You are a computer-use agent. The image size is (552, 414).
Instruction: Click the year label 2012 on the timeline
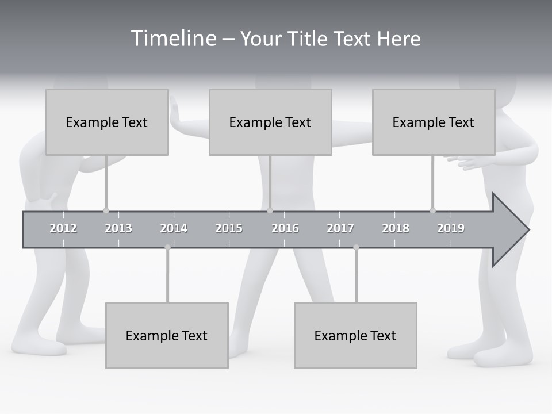point(63,228)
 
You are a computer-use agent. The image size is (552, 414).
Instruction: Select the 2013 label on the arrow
point(118,228)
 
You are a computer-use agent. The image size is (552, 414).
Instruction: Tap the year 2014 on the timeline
point(174,228)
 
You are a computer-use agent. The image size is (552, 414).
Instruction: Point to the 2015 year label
point(229,228)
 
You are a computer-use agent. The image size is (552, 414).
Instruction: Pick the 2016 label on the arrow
point(285,228)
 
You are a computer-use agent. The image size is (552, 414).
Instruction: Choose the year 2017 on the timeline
point(340,228)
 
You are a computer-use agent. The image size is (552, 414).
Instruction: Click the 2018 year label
point(396,228)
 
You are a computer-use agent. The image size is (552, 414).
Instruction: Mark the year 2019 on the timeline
point(451,228)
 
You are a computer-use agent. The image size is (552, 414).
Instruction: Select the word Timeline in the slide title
point(173,39)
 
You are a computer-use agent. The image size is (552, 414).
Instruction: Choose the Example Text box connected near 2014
point(167,335)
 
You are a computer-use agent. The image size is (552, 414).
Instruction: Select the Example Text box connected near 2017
point(355,335)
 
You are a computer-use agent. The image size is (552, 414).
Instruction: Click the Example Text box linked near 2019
point(434,122)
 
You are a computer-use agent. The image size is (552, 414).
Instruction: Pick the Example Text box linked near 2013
point(107,122)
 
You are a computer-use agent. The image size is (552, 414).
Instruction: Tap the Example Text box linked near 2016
point(270,122)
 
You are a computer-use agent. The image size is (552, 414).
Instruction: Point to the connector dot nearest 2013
point(106,210)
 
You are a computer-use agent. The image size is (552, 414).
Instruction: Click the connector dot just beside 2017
point(356,247)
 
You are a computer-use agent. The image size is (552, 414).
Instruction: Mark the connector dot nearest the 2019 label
point(432,210)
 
